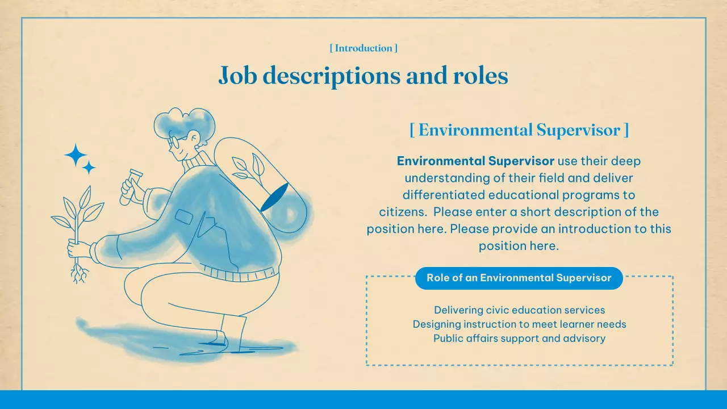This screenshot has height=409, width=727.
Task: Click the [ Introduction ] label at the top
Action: pos(363,48)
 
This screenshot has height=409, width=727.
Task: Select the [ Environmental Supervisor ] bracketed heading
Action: pos(519,130)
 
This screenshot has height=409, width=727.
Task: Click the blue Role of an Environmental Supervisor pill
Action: pos(519,278)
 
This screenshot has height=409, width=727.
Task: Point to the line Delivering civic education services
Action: pos(519,310)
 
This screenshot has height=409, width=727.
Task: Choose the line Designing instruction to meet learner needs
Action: pos(519,324)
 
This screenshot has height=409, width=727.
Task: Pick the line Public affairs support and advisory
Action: pos(519,339)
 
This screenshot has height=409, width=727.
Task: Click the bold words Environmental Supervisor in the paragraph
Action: pos(475,161)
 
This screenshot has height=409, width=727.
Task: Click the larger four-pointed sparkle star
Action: pos(76,155)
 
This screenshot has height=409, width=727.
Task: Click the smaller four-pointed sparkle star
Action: pos(89,168)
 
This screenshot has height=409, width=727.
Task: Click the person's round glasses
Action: pos(174,141)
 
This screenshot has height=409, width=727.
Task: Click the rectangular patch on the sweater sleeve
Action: pos(183,216)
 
